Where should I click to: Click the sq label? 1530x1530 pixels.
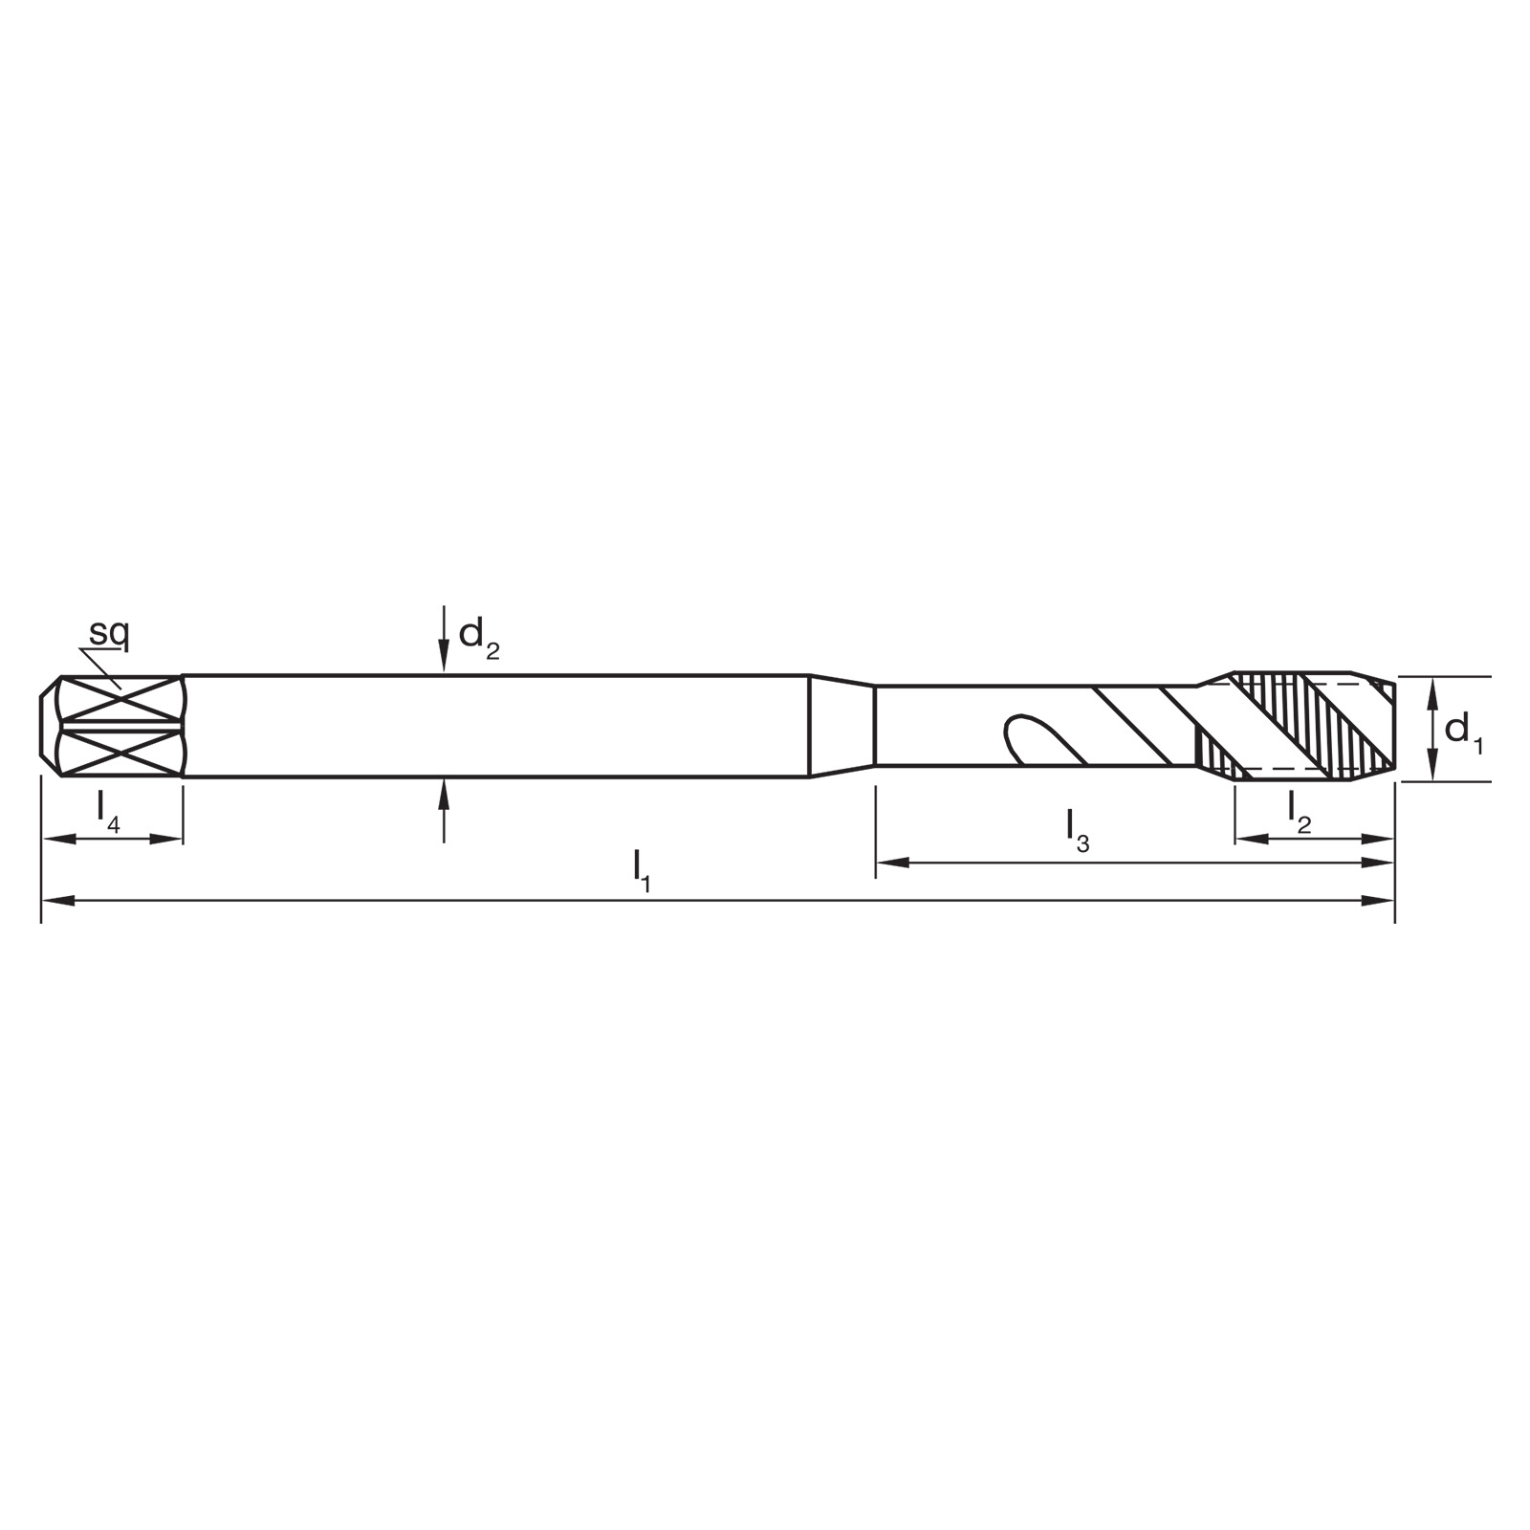click(109, 634)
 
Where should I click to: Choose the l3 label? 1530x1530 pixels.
click(1078, 830)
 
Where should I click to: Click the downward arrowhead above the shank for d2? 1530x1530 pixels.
click(444, 655)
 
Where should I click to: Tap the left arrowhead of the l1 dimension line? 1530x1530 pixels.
click(58, 900)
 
